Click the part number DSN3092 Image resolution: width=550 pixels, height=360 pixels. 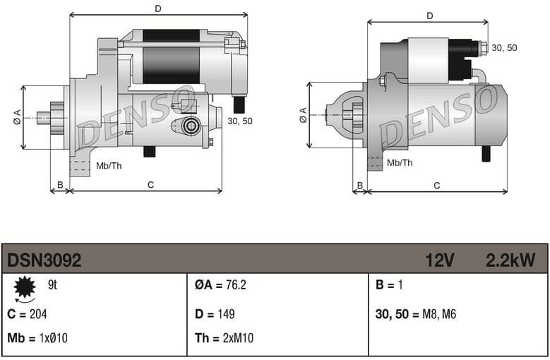click(x=44, y=260)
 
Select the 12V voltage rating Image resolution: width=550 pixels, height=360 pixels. click(x=439, y=260)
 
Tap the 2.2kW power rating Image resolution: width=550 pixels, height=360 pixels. click(x=510, y=260)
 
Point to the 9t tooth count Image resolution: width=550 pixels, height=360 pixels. click(x=52, y=286)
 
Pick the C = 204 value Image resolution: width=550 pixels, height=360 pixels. click(x=27, y=314)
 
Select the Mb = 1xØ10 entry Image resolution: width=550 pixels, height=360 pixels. click(x=37, y=338)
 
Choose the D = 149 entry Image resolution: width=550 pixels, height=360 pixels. click(x=215, y=314)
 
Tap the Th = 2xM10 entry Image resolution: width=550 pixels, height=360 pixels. click(x=224, y=338)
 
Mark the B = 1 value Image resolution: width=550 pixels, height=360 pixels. click(x=388, y=286)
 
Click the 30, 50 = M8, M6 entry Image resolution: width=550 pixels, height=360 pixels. click(x=416, y=314)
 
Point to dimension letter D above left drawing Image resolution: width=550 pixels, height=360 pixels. click(x=158, y=8)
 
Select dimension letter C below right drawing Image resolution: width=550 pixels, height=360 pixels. click(x=437, y=186)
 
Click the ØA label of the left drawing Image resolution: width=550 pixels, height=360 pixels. click(x=16, y=118)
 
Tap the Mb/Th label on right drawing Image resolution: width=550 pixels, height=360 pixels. click(x=400, y=163)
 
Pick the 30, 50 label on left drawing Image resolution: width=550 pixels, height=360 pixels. click(x=240, y=121)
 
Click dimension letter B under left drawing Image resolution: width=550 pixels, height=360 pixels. click(x=60, y=186)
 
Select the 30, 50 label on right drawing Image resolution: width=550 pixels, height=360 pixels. click(x=504, y=47)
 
